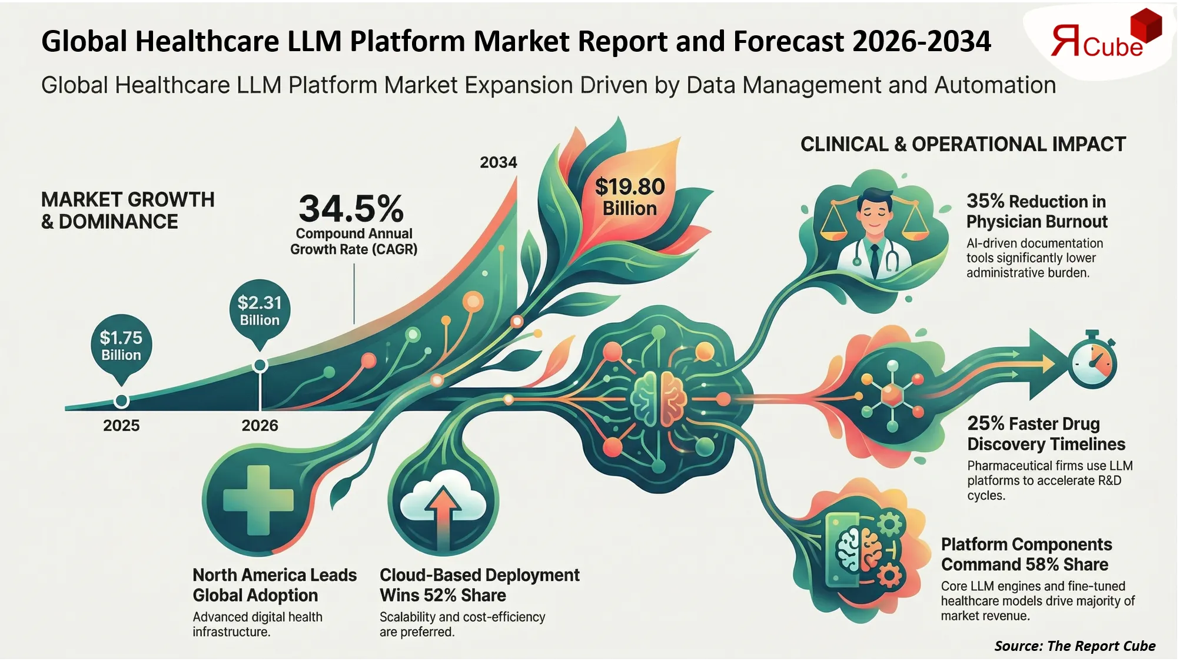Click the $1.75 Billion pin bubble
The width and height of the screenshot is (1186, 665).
coord(121,346)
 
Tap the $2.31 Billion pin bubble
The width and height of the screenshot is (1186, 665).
coord(259,310)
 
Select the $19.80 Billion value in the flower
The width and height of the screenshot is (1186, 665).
coord(629,196)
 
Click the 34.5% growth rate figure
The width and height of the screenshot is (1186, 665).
coord(351,208)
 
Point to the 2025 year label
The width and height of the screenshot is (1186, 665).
coord(121,425)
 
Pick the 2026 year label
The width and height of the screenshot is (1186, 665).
coord(260,425)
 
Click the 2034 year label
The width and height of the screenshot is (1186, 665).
coord(498,162)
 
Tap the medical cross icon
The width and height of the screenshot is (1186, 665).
coord(258,500)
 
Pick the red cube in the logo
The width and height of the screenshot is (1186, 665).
coord(1145,26)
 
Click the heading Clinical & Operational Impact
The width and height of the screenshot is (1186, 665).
coord(963,144)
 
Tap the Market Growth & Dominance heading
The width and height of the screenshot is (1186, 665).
coord(127,210)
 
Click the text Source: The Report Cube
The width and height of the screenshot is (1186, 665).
coord(1074,646)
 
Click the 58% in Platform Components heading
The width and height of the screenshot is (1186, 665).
coord(1041,564)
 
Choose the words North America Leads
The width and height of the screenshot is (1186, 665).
coord(274,574)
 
